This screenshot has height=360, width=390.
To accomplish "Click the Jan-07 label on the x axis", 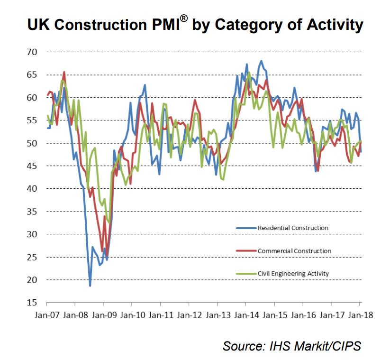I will tap(47, 314).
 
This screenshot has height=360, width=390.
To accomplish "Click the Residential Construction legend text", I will tap(292, 228).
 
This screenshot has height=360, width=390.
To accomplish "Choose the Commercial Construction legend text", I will tap(294, 250).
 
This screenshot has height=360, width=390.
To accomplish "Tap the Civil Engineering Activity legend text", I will tap(293, 273).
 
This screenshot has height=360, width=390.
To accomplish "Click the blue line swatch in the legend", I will tap(246, 228).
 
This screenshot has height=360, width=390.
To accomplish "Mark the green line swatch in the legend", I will tap(246, 274).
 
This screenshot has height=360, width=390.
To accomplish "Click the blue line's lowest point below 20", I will tap(90, 286).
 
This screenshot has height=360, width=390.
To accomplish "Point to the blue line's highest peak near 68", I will tap(261, 61).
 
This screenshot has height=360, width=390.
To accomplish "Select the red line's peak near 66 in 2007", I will tap(64, 72).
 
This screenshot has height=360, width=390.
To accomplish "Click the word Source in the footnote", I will tap(242, 346).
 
